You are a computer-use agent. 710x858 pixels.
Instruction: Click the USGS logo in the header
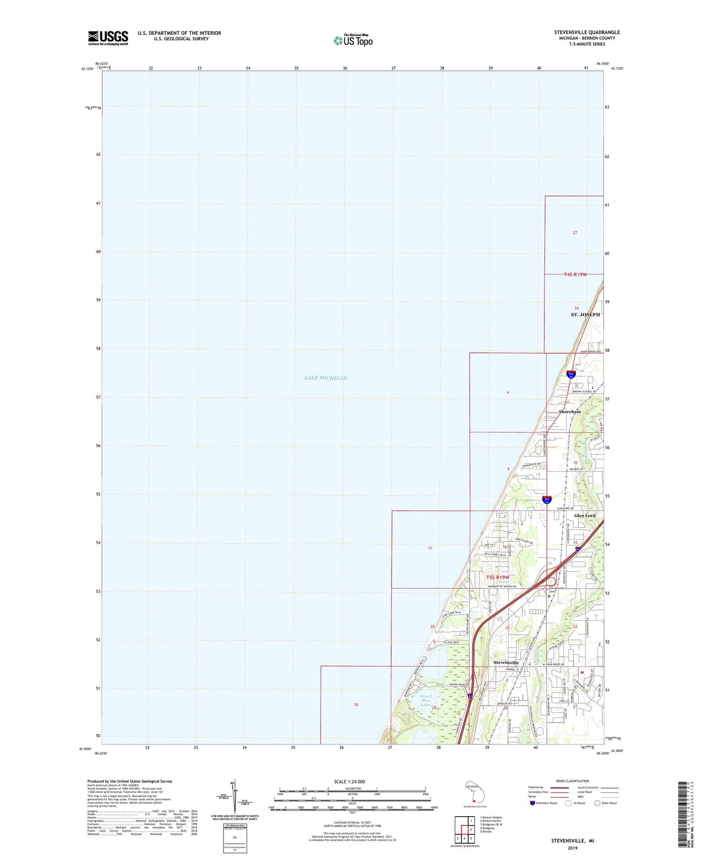[x=108, y=37]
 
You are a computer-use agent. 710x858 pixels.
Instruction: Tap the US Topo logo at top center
[x=353, y=40]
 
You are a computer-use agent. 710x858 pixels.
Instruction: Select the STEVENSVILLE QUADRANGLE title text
[x=587, y=32]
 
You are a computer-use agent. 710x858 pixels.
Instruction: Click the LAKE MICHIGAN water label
[x=326, y=378]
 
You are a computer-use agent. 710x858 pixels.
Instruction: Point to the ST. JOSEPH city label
[x=585, y=315]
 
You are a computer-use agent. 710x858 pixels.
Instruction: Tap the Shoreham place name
[x=569, y=411]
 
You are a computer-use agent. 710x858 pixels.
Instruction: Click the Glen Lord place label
[x=585, y=515]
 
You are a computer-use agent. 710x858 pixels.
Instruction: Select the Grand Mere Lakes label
[x=426, y=700]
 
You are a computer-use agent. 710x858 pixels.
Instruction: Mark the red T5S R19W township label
[x=498, y=577]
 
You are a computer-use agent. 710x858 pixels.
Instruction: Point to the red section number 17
[x=430, y=548]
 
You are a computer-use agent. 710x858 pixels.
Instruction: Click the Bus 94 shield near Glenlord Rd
[x=546, y=500]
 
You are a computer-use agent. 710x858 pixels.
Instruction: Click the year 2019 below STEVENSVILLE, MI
[x=572, y=848]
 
